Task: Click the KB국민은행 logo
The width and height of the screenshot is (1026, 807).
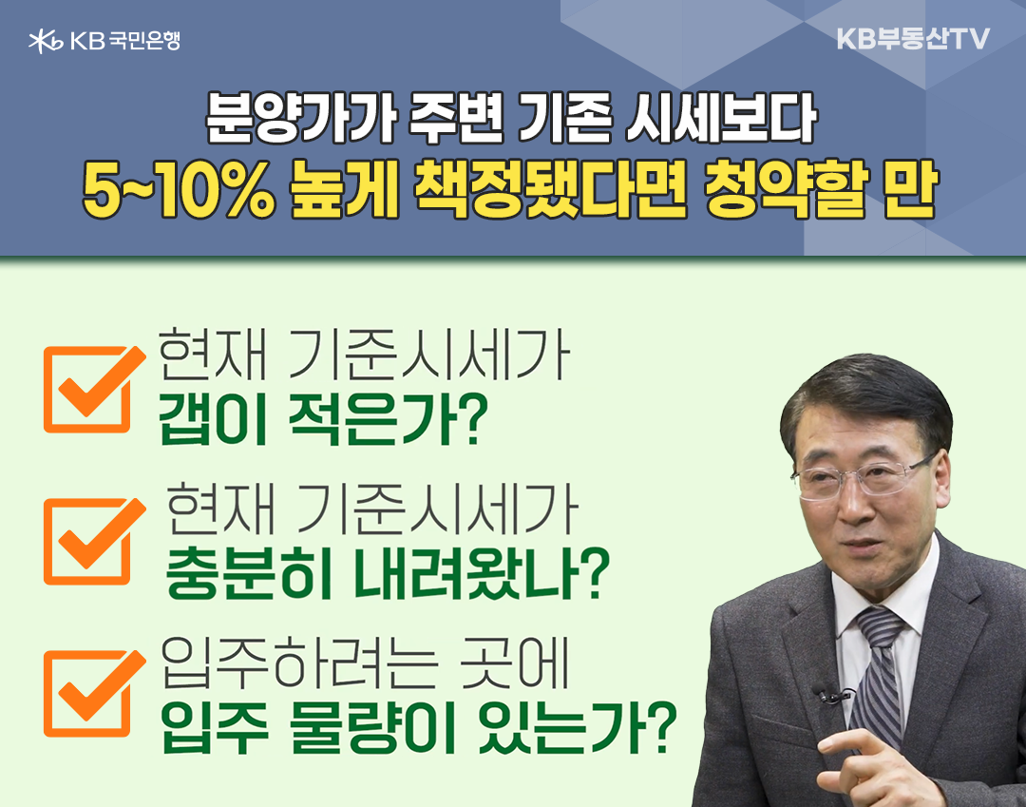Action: [104, 41]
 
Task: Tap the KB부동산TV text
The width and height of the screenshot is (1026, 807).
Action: [914, 39]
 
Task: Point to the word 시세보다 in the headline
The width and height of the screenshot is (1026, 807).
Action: [721, 119]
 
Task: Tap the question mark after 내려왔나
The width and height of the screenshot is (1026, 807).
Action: [595, 573]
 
